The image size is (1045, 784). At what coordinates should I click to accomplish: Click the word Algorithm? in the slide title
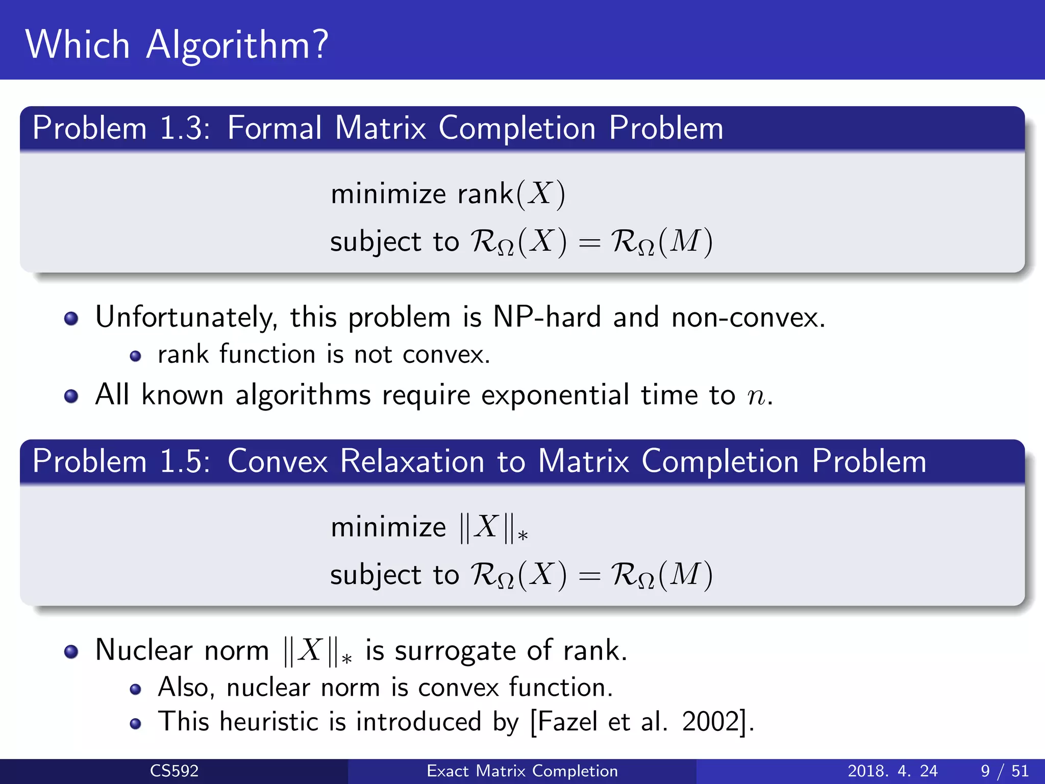pos(237,45)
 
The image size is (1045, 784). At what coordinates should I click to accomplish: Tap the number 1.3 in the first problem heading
pos(184,128)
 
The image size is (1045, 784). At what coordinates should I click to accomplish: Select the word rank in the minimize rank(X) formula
pos(485,194)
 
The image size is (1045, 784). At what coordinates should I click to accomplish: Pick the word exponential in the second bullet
pos(555,395)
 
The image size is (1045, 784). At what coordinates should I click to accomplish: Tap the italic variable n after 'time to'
pos(756,397)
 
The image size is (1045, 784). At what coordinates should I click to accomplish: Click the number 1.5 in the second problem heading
pos(184,461)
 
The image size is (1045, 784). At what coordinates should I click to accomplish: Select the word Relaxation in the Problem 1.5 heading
pos(412,461)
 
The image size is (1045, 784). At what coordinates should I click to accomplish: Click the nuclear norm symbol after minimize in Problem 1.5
pos(493,527)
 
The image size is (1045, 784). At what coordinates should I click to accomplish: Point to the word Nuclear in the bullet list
pos(144,650)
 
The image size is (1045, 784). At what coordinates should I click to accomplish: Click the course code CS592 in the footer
pos(174,771)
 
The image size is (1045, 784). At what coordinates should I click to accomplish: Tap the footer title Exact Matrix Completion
pos(522,771)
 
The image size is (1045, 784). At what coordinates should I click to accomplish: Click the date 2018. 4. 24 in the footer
pos(892,771)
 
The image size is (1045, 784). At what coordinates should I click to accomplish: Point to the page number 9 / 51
pos(1004,771)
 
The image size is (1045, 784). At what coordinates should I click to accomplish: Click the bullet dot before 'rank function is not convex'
pos(135,356)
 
